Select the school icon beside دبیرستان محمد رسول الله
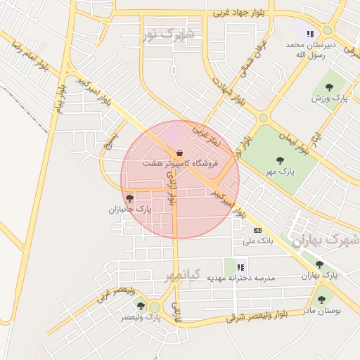tap(309, 33)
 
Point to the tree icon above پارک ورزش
tap(329, 87)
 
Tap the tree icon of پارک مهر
tap(281, 160)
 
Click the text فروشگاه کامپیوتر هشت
tap(181, 163)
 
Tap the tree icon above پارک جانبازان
tap(129, 199)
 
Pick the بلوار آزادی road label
tap(173, 188)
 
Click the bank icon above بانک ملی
tap(257, 230)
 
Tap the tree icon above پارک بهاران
tap(320, 265)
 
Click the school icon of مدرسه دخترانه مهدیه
tap(241, 267)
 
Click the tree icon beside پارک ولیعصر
tap(141, 306)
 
